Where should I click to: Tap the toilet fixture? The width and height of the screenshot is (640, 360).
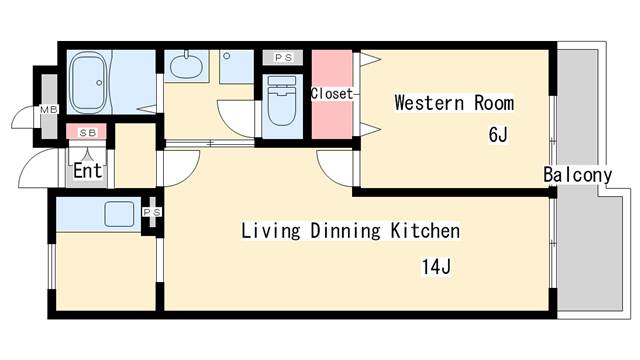tap(282, 100)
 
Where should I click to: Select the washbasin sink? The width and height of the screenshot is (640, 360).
tap(186, 65)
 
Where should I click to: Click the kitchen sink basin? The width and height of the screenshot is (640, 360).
tap(119, 214)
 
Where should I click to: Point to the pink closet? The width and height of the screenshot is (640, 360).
tap(332, 94)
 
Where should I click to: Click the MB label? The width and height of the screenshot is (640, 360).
tap(49, 109)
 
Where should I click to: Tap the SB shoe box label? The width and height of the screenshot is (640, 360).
tap(87, 133)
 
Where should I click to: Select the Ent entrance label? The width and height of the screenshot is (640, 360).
tap(87, 171)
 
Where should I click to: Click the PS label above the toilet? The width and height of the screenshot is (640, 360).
tap(283, 58)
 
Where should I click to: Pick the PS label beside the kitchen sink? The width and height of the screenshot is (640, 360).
tap(152, 212)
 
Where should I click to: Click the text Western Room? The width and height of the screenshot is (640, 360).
tap(454, 103)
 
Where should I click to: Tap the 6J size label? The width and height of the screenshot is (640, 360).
tap(498, 134)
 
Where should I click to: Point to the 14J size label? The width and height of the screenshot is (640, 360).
tap(436, 267)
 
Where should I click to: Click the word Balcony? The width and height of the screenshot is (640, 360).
tap(578, 175)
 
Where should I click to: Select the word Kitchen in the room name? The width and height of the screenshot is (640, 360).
tap(425, 231)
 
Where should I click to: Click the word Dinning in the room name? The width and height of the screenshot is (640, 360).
tap(345, 231)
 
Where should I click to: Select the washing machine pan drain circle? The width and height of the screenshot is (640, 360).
tap(227, 56)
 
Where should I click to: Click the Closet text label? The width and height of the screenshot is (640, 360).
tap(331, 93)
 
